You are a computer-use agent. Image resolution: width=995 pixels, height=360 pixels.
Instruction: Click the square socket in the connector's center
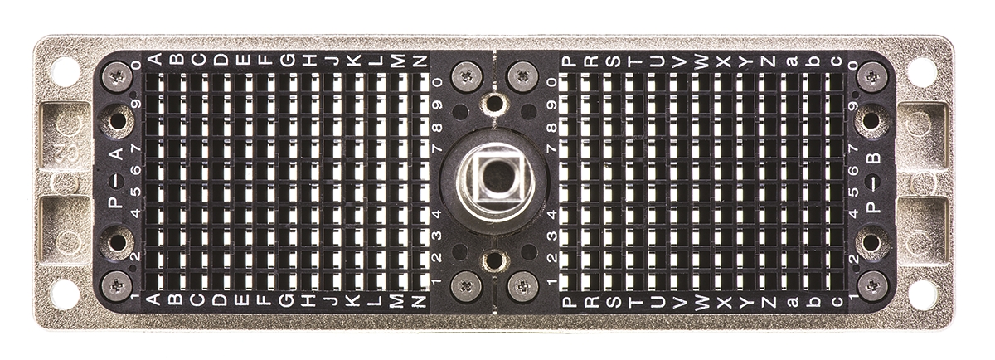pyautogui.click(x=493, y=181)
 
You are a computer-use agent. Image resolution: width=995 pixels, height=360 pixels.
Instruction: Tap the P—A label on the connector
pyautogui.click(x=116, y=178)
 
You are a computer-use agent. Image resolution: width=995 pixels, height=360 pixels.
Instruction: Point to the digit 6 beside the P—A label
pyautogui.click(x=136, y=169)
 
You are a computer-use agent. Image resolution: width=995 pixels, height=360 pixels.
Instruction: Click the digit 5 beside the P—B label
pyautogui.click(x=853, y=192)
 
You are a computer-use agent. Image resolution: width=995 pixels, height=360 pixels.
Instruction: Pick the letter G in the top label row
pyautogui.click(x=288, y=59)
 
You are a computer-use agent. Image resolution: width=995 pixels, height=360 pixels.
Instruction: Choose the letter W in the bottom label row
pyautogui.click(x=701, y=302)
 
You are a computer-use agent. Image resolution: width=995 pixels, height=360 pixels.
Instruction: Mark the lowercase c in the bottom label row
pyautogui.click(x=837, y=301)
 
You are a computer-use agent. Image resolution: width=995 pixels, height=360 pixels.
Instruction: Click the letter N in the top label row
pyautogui.click(x=420, y=60)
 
